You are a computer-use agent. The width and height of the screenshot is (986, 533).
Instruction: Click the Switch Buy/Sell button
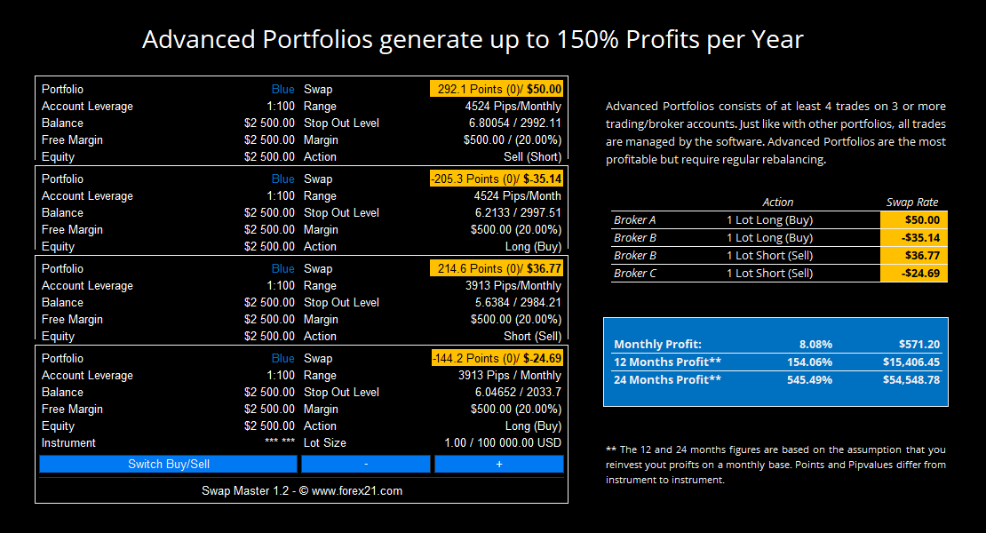click(168, 464)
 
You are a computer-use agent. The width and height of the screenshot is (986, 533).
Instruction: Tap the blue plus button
click(498, 464)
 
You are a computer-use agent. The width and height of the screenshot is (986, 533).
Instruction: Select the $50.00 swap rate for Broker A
click(914, 220)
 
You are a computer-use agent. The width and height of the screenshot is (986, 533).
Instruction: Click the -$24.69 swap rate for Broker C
click(914, 274)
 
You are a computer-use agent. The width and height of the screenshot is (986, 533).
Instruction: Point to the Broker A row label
click(634, 220)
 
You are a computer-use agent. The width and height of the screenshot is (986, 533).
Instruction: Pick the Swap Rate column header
click(911, 203)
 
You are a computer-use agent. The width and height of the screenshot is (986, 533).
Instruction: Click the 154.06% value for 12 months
click(809, 362)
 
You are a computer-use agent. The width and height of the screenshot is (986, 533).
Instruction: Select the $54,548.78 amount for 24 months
click(911, 379)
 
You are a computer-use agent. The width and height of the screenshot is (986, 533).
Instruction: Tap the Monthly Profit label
click(657, 345)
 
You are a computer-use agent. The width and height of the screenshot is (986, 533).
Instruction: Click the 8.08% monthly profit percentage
click(815, 345)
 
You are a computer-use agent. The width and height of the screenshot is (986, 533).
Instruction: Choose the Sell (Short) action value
click(532, 156)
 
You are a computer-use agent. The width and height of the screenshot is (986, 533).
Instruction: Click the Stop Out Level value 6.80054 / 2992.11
click(514, 123)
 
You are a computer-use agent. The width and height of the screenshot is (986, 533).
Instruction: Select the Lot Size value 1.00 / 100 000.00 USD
click(503, 443)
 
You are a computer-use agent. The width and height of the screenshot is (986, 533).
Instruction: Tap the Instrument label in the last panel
click(68, 443)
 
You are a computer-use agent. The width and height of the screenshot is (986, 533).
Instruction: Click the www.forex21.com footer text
click(356, 491)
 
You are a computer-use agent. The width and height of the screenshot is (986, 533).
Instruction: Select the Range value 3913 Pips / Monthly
click(509, 375)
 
